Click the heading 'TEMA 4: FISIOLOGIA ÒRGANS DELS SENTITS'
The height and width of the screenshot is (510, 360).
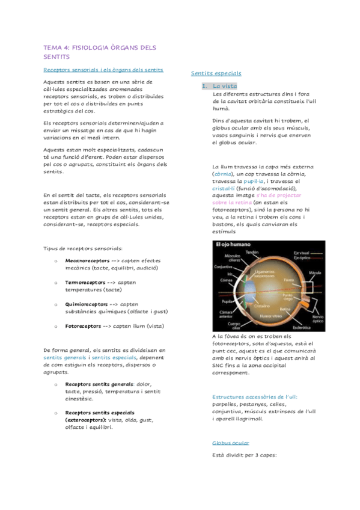tap(99, 52)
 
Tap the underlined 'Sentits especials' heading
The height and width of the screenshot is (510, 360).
tap(216, 73)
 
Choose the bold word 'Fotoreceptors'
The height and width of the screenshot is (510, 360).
tap(81, 325)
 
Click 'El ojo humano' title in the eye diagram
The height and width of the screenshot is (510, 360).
tap(233, 245)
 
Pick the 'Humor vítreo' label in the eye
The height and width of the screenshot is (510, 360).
tap(271, 315)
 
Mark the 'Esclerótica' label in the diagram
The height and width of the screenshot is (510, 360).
tap(301, 327)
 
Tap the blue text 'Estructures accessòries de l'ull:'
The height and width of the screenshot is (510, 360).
tap(255, 397)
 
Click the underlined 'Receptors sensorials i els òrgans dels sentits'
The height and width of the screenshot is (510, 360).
tap(103, 70)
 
